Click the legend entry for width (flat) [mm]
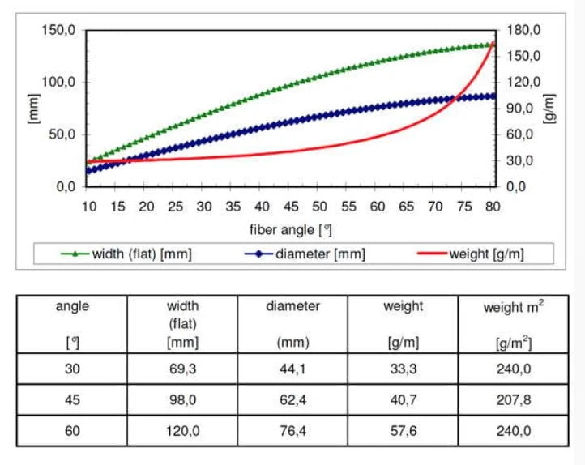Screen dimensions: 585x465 pos(126,254)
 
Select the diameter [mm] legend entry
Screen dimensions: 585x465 pos(305,254)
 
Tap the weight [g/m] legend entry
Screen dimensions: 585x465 pos(471,254)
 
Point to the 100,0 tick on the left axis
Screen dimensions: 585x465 pos(58,82)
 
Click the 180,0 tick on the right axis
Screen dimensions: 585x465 pos(523,30)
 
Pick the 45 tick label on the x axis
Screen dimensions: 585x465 pos(291,207)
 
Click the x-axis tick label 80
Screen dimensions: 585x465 pos(493,207)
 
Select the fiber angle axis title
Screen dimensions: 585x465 pos(291,230)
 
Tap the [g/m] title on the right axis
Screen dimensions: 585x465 pos(549,108)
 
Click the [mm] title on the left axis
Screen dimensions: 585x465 pos(33,108)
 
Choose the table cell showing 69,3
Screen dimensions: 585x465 pos(182,369)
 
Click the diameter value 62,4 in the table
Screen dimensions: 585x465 pos(292,399)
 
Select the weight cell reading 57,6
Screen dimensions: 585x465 pos(404,431)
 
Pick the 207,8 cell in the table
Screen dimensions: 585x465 pos(514,399)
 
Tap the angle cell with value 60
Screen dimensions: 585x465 pos(72,431)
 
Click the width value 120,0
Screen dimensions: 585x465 pos(182,431)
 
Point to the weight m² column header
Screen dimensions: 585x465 pos(514,324)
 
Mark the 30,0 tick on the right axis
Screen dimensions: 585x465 pos(519,160)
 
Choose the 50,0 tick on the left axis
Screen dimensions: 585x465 pos(62,134)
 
